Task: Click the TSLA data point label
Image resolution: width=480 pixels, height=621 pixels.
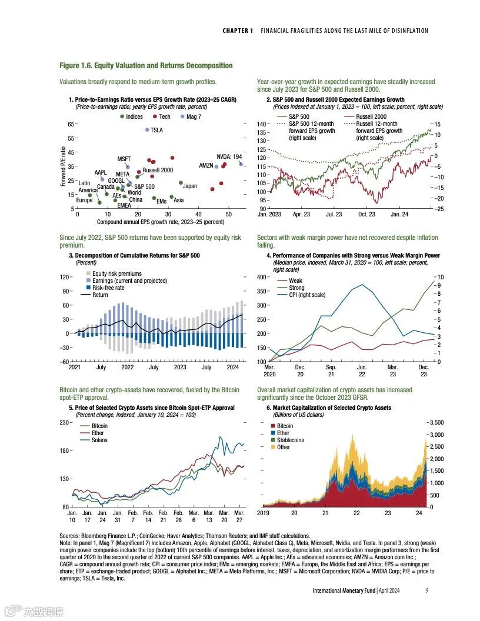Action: point(156,130)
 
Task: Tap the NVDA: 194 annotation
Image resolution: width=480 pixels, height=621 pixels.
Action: point(229,156)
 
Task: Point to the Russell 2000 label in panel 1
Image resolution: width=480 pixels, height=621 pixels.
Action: point(158,170)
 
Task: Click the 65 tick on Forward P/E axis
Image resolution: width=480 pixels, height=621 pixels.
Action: point(71,124)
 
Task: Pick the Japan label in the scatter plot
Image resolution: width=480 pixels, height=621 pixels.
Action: point(190,186)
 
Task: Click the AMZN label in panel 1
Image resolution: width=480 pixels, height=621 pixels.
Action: point(206,166)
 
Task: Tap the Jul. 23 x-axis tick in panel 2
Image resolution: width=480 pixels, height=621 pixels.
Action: point(334,215)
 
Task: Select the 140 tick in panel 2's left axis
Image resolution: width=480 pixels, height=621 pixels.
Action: point(262,124)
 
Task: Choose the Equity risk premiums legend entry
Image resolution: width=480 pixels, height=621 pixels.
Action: point(117,273)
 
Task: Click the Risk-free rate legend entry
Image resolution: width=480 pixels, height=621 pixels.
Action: point(108,288)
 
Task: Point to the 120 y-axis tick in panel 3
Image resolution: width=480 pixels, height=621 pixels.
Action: point(65,277)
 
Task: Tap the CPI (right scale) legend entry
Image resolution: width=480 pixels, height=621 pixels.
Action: point(306,295)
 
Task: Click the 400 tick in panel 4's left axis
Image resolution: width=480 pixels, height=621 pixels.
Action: point(262,277)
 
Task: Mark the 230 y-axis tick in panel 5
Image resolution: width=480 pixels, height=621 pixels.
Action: point(65,423)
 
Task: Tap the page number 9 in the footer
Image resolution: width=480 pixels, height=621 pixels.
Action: point(426,590)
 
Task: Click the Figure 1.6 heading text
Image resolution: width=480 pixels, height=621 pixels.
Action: point(146,65)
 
